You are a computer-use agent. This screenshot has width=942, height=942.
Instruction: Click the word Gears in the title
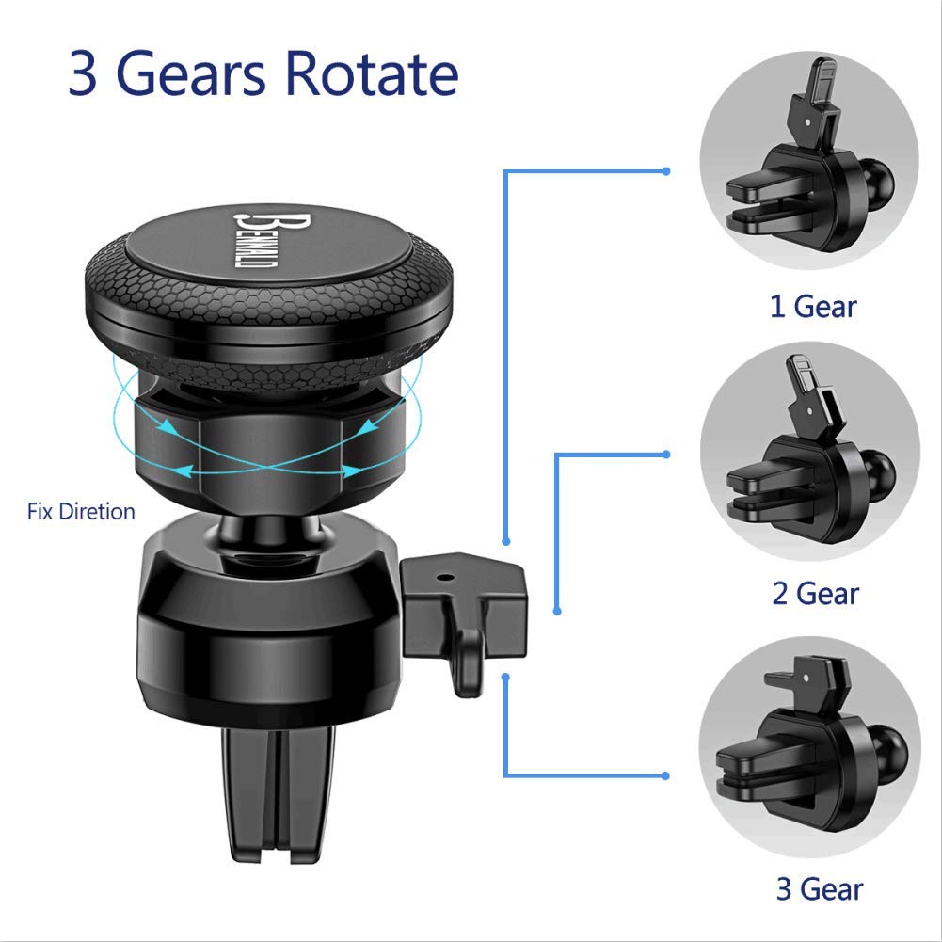click(x=190, y=74)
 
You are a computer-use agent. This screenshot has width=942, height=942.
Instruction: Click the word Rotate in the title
click(x=372, y=73)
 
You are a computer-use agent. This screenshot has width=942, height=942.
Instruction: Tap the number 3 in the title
click(x=82, y=74)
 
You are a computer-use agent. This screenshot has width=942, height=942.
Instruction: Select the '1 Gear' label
click(x=813, y=307)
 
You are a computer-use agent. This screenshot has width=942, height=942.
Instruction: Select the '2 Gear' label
click(x=815, y=594)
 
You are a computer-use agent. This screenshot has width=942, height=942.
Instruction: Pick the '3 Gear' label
click(x=820, y=889)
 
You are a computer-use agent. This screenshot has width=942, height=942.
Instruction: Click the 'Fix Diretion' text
click(x=81, y=511)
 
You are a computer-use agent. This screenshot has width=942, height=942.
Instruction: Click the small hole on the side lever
click(x=444, y=577)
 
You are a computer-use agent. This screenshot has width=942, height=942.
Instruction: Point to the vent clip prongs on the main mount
click(x=278, y=793)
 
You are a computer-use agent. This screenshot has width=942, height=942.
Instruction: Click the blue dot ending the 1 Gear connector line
click(x=665, y=171)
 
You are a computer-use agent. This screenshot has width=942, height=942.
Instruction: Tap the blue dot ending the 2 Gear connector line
click(x=665, y=455)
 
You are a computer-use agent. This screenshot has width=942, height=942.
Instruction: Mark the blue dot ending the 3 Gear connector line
click(x=665, y=775)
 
